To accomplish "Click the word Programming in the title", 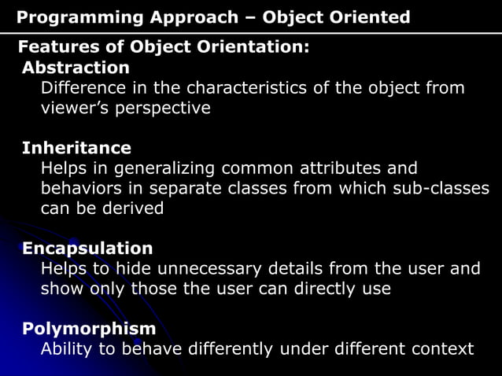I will click(x=70, y=17).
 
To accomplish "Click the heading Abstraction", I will click(x=76, y=68).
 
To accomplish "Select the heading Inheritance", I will click(x=76, y=148).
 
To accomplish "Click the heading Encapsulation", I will click(x=87, y=249).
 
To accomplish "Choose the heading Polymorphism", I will click(x=89, y=329).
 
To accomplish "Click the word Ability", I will click(x=67, y=348).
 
